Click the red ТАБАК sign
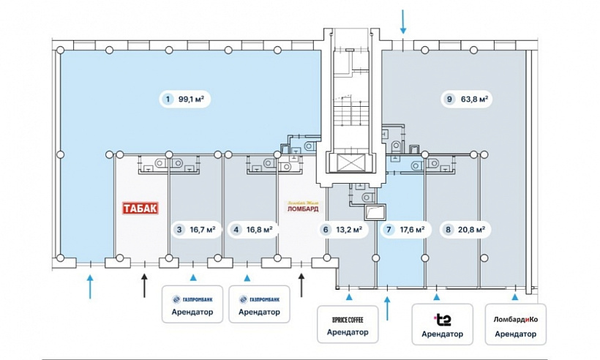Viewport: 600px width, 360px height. click(x=140, y=208)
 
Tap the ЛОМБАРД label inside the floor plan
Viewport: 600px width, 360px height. click(x=302, y=208)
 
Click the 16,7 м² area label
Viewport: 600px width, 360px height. click(x=201, y=229)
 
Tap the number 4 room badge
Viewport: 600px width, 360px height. click(x=236, y=229)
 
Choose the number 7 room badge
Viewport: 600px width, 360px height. click(x=389, y=229)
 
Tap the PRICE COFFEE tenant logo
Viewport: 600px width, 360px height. click(x=348, y=319)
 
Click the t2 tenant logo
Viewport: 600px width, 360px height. click(x=442, y=318)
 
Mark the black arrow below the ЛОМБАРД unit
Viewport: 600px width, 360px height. click(x=301, y=283)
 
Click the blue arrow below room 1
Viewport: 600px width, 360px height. click(x=90, y=285)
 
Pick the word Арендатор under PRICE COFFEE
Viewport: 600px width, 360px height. click(x=348, y=333)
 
